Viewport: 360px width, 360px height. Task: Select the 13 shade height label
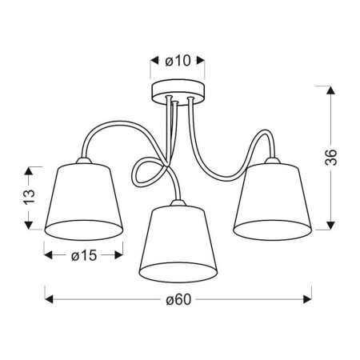click(x=30, y=197)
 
